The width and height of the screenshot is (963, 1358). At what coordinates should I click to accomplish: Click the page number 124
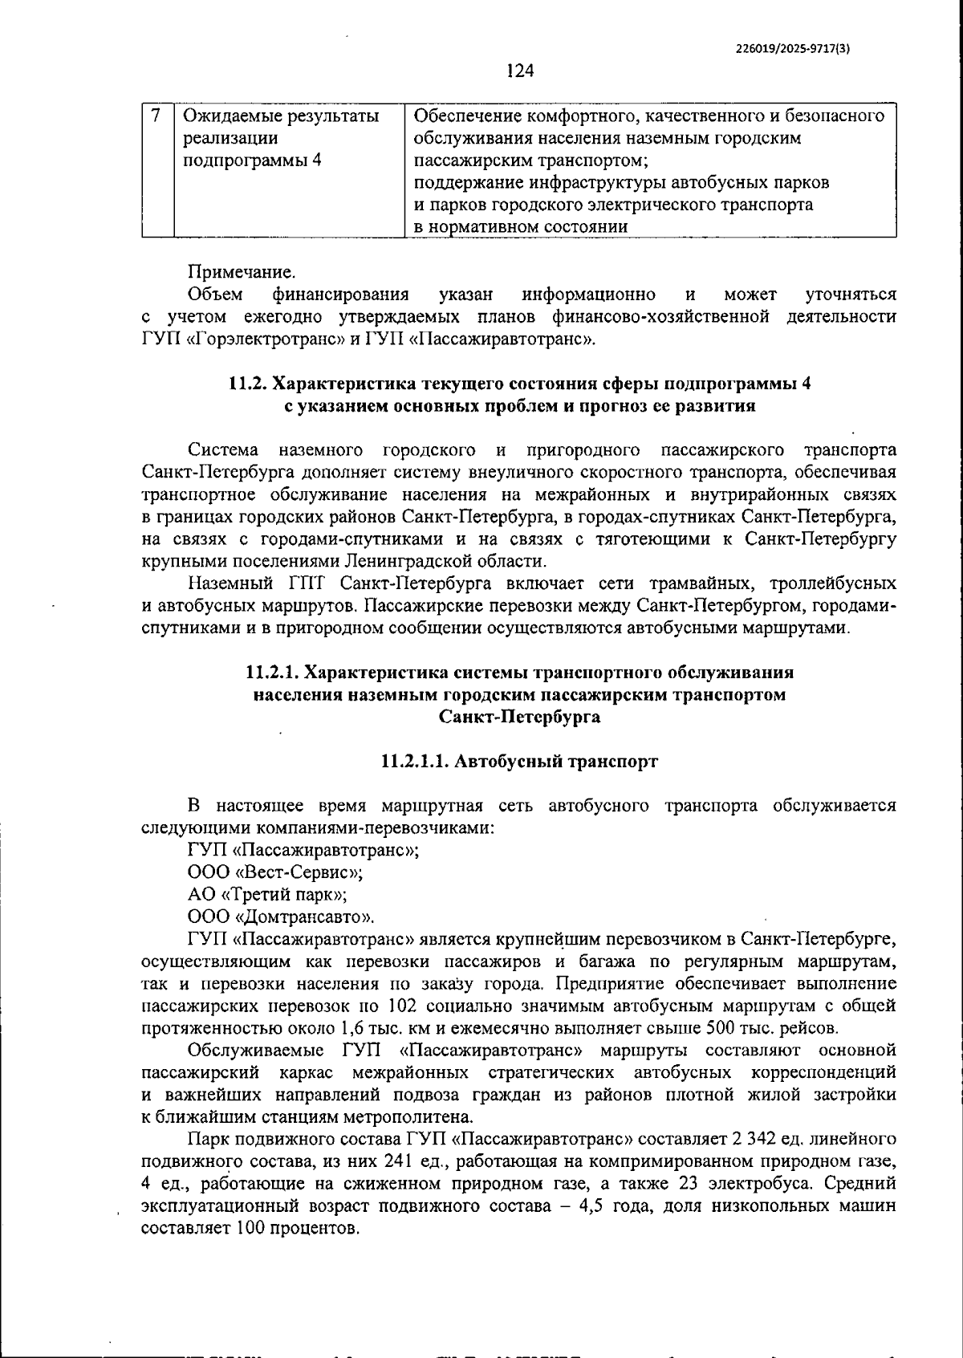tap(520, 71)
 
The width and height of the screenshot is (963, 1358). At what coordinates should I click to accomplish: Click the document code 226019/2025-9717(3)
tap(793, 48)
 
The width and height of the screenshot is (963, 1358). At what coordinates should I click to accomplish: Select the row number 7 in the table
tap(157, 116)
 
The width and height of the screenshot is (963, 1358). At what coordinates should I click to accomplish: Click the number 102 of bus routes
tap(401, 1006)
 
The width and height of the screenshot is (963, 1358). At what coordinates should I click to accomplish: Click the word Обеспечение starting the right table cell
tap(461, 116)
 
